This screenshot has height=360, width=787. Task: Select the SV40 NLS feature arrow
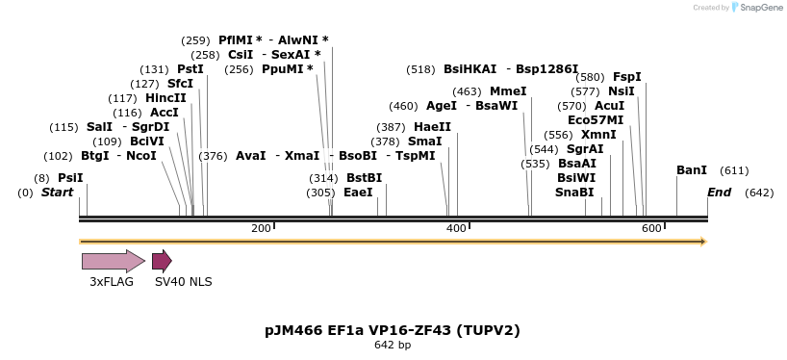[162, 261]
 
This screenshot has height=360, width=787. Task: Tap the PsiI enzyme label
[70, 178]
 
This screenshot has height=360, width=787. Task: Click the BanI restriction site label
[692, 170]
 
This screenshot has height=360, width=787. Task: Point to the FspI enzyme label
[627, 77]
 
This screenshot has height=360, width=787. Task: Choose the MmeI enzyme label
[508, 91]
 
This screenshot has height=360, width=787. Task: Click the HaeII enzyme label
[432, 127]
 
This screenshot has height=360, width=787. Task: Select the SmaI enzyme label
[425, 141]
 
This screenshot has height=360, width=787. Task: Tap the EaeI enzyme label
[358, 193]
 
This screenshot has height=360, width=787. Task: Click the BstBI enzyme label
[365, 178]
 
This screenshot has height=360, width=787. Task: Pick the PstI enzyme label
[190, 69]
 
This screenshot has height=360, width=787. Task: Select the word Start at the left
[57, 193]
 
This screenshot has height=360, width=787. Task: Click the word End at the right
[720, 193]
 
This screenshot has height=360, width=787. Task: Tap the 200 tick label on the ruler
[261, 228]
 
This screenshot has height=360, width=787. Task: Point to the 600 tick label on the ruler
[651, 228]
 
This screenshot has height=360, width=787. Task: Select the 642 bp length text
[393, 345]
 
